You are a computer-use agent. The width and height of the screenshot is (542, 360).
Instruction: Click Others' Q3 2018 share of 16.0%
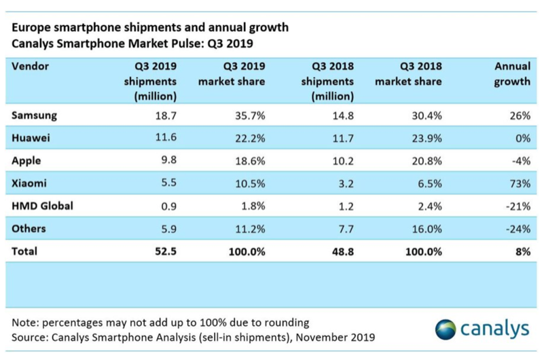click(x=427, y=228)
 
